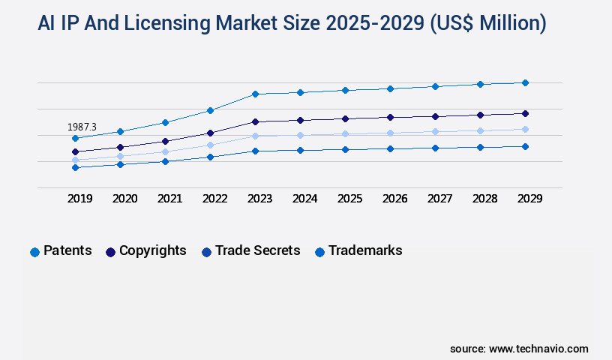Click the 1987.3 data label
[x=82, y=127]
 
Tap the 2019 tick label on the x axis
[x=80, y=199]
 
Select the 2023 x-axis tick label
[x=259, y=199]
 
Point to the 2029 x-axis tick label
[x=529, y=199]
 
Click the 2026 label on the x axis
[x=394, y=199]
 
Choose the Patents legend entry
[x=61, y=251]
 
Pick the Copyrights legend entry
[x=146, y=251]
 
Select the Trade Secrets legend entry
[x=250, y=251]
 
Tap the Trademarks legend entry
[x=358, y=251]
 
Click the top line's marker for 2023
[x=255, y=94]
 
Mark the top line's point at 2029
[x=525, y=82]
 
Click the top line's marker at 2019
[x=75, y=138]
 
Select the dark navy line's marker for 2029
[x=525, y=113]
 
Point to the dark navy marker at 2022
[x=210, y=133]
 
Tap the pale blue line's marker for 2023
[x=255, y=136]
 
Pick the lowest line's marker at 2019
[x=75, y=167]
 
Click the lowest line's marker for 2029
[x=525, y=146]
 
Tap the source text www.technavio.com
[x=538, y=349]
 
